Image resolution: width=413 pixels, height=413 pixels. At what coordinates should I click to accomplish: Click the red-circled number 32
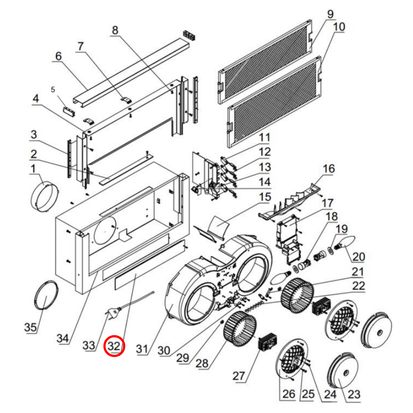pyautogui.click(x=114, y=346)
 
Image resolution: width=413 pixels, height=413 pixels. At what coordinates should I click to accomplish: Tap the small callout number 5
pyautogui.click(x=53, y=90)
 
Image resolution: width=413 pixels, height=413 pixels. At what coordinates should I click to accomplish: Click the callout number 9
pyautogui.click(x=330, y=14)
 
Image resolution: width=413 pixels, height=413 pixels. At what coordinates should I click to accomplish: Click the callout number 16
pyautogui.click(x=329, y=169)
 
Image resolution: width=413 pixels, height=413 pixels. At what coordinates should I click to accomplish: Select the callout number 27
pyautogui.click(x=239, y=376)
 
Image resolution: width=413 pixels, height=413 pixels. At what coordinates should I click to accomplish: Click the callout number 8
pyautogui.click(x=115, y=30)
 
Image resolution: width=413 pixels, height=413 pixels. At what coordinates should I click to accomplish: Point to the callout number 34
pyautogui.click(x=63, y=338)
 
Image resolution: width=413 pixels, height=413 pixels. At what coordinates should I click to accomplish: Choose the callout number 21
pyautogui.click(x=358, y=272)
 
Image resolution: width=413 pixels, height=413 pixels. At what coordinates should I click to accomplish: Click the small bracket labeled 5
pyautogui.click(x=69, y=111)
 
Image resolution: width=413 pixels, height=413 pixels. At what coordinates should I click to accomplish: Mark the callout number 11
pyautogui.click(x=264, y=137)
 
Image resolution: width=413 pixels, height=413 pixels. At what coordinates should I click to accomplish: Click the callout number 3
pyautogui.click(x=34, y=134)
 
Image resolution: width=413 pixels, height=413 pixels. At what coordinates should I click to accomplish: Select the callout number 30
pyautogui.click(x=164, y=350)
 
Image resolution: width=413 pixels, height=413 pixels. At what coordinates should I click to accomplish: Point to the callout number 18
pyautogui.click(x=332, y=216)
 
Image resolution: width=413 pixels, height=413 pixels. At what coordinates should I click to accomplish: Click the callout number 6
pyautogui.click(x=58, y=56)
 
